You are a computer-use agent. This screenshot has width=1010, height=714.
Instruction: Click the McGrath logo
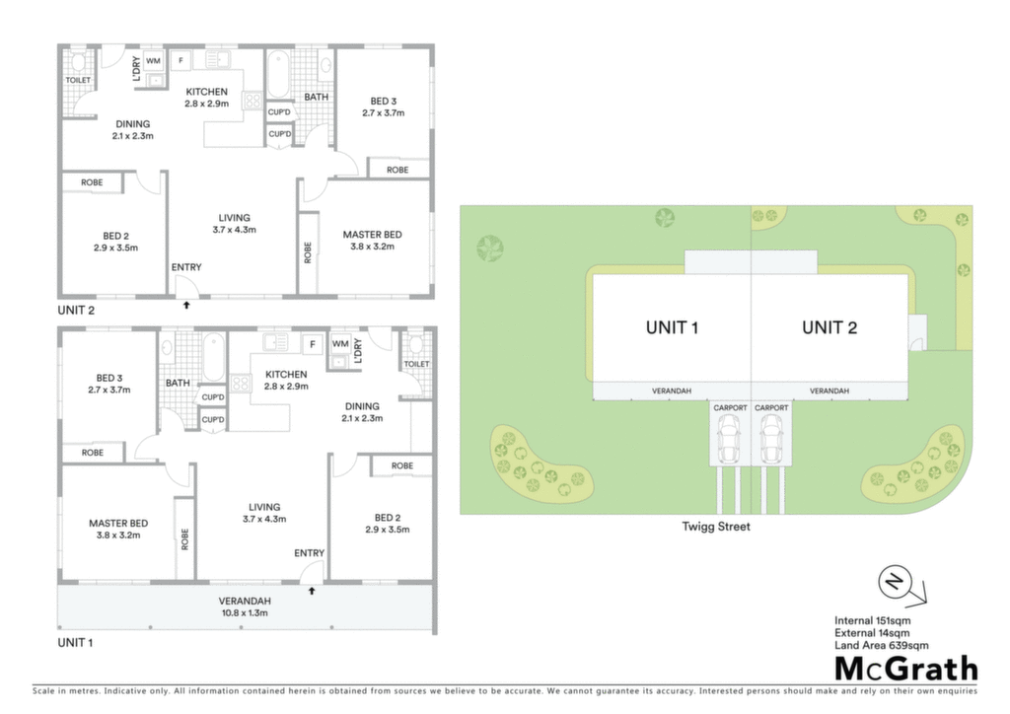point(906,669)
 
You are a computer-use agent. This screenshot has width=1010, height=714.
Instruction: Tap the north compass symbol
point(902,585)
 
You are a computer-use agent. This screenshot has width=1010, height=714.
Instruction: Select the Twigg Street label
point(716,527)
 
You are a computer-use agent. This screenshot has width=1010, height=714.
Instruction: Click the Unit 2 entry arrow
point(186,305)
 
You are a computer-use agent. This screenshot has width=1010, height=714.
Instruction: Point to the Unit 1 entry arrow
point(311,591)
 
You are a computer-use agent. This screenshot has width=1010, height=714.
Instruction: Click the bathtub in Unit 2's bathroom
point(279,74)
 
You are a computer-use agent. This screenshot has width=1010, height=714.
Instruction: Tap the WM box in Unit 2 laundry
point(153,61)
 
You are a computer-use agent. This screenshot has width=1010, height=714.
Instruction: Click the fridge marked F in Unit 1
point(313,344)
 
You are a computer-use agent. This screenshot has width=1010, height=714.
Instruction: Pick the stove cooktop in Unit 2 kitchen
point(252,101)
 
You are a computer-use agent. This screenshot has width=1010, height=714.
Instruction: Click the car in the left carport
point(729,438)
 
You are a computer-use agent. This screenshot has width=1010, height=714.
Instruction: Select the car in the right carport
point(771,438)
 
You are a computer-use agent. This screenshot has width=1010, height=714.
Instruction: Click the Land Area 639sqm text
point(881,645)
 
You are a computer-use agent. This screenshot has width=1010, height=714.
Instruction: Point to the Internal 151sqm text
point(872,620)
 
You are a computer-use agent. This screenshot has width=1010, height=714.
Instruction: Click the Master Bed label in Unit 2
point(372,235)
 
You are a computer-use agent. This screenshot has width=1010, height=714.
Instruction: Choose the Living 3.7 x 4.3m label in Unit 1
point(264,513)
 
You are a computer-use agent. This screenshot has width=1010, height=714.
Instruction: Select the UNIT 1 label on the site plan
point(672,327)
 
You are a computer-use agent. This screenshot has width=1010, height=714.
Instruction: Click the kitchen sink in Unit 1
point(276,342)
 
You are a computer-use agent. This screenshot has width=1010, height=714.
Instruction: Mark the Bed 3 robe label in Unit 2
point(397,170)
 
